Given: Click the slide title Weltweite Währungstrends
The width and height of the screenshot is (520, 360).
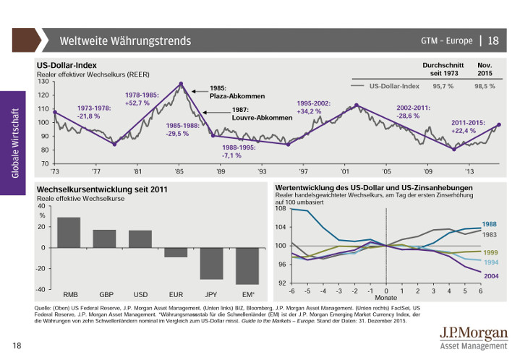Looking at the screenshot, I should click(x=125, y=40).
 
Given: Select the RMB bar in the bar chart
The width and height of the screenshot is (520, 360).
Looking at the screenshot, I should click(x=69, y=233).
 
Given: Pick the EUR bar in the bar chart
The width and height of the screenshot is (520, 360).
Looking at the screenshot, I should click(x=176, y=252).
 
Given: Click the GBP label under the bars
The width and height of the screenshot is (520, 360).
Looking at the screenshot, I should click(x=106, y=295).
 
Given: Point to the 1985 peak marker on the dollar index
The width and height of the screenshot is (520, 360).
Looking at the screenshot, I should click(x=181, y=84).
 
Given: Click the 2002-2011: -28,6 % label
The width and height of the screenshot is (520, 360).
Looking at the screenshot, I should click(x=413, y=111).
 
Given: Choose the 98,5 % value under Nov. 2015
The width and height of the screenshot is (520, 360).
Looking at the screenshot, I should click(x=485, y=86).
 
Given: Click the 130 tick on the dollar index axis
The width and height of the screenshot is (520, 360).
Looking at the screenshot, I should click(x=43, y=81).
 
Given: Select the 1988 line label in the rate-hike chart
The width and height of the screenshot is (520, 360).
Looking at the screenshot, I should click(x=489, y=224).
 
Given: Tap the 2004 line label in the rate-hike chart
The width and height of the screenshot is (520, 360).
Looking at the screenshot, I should click(x=490, y=277).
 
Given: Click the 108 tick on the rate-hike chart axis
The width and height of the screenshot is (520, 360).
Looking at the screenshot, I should click(x=281, y=208).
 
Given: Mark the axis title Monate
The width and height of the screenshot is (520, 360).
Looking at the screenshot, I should click(x=385, y=297).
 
